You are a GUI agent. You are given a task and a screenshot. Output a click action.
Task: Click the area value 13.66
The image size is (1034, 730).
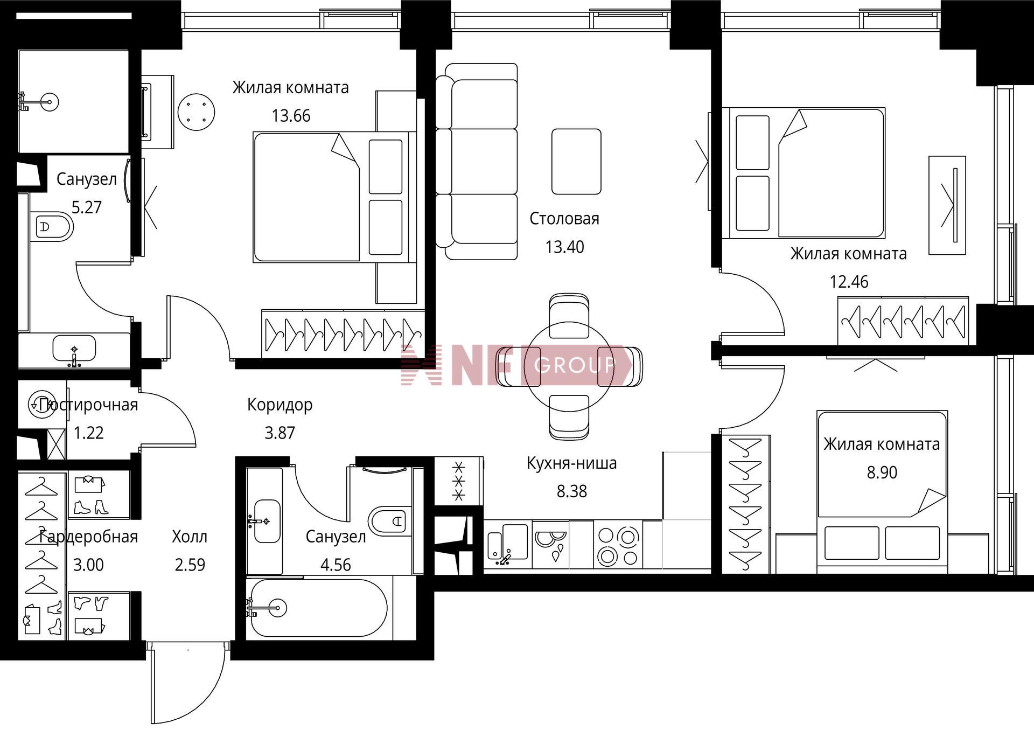[x=291, y=116]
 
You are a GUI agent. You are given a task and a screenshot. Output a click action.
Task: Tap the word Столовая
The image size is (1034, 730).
[x=564, y=219]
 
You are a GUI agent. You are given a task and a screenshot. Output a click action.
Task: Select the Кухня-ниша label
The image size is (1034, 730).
[x=571, y=463]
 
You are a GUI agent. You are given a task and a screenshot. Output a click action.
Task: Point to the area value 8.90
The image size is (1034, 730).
[x=882, y=472]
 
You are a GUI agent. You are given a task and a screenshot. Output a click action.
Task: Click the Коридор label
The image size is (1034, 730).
[x=280, y=405]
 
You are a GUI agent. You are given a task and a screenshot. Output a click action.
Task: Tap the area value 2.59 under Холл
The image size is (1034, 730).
[x=190, y=565]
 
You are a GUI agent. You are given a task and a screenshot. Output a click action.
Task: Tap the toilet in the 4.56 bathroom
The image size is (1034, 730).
[x=388, y=521]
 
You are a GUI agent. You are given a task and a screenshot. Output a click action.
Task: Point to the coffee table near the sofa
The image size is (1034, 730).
[x=576, y=162]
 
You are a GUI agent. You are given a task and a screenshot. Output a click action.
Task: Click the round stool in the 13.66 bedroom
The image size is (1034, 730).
[x=197, y=112]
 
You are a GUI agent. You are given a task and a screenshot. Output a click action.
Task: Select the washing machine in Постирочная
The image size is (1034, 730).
[x=40, y=404]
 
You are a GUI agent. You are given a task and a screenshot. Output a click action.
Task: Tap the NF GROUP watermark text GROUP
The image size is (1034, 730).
[x=574, y=365]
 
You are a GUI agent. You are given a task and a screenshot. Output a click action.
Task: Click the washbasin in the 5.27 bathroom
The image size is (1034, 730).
[x=74, y=349]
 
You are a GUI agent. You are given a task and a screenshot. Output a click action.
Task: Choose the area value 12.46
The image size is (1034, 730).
[x=849, y=282]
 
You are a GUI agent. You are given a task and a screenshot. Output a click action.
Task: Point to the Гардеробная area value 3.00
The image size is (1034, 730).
[x=88, y=565]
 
